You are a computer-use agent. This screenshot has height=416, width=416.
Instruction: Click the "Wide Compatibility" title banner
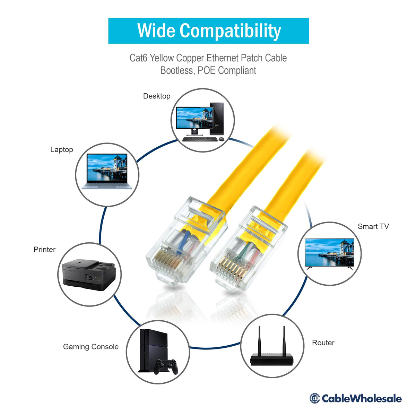208,31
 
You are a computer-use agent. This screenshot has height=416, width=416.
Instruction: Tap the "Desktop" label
157,96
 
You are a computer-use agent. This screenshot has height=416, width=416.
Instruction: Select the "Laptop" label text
61,150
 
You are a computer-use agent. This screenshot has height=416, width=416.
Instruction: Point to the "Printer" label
44,250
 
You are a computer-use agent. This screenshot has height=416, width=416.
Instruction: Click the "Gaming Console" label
91,347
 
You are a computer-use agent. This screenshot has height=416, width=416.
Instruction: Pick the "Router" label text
323,343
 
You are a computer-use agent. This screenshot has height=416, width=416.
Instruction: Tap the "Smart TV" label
373,226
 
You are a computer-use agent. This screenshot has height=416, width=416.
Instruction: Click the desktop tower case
217,119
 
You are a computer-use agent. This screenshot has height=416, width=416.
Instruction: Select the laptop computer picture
107,171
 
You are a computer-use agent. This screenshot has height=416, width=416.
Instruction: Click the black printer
89,275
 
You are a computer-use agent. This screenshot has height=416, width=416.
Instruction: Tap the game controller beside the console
166,366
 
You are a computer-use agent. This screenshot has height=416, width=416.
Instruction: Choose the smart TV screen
329,252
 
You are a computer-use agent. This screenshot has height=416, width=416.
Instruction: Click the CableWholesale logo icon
314,398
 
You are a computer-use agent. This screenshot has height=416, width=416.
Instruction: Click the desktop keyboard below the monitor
200,139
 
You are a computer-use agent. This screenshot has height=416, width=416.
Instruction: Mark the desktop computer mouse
222,139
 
